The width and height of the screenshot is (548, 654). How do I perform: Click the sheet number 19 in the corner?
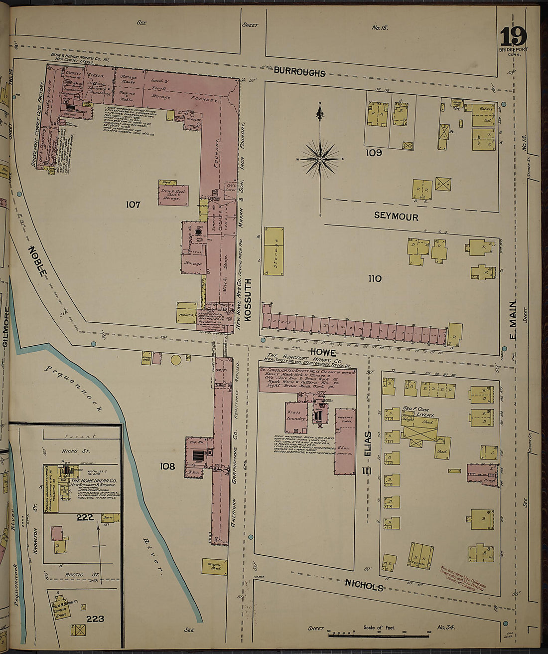[x=513, y=37]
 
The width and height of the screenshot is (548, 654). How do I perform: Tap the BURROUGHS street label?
[x=299, y=73]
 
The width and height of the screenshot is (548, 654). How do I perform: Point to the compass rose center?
[x=320, y=159]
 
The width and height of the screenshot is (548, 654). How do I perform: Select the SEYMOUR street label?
[x=396, y=217]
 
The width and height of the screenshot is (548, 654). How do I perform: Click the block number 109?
[x=374, y=153]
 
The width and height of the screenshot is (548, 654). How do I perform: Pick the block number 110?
[x=375, y=279]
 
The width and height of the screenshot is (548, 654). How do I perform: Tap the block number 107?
[x=134, y=204]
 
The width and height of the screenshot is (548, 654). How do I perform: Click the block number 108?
[x=167, y=466]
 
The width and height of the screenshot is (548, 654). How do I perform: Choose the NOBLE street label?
[x=38, y=261]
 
